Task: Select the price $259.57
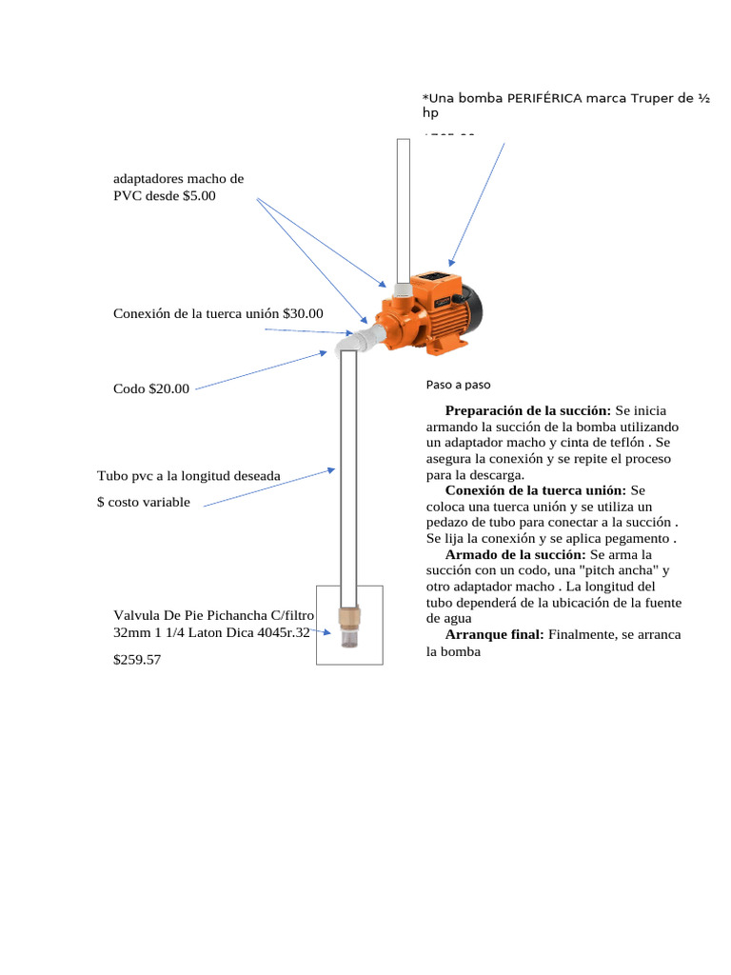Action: (137, 659)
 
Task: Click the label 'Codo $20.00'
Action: (151, 388)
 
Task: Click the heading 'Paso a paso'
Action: (458, 385)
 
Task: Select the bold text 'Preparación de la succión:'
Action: (527, 410)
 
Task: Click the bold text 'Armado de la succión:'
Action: (515, 553)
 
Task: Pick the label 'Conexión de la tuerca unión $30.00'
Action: (218, 313)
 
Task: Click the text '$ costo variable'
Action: (144, 502)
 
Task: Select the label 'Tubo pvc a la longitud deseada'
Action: (188, 475)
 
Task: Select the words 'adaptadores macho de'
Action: (178, 178)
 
